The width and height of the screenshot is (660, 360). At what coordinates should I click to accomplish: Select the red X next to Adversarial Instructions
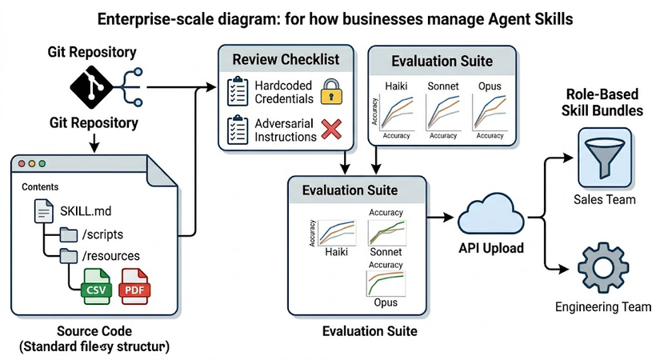[x=330, y=129]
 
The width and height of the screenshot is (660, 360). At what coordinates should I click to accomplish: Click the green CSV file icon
[x=96, y=288]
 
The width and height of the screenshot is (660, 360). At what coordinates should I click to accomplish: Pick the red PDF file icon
[x=134, y=288]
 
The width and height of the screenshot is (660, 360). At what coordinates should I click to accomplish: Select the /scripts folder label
[x=102, y=234]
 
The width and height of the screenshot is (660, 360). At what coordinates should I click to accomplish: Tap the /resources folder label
[x=110, y=257]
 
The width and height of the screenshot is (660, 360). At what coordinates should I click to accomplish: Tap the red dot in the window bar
[x=22, y=163]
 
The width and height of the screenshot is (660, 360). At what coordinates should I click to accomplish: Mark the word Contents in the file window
[x=41, y=186]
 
